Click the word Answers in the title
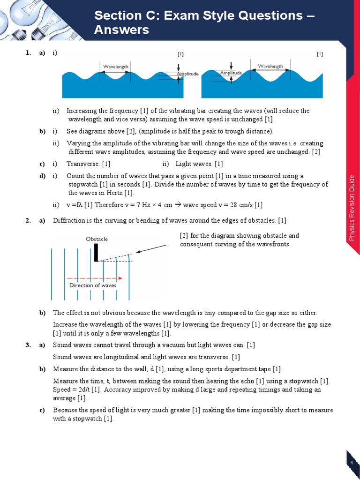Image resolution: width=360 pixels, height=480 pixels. coord(121,30)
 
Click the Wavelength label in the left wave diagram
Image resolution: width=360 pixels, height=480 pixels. coord(116,67)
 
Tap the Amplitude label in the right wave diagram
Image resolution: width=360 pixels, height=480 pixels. coord(231,73)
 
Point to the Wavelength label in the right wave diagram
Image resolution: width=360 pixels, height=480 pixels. coord(270,67)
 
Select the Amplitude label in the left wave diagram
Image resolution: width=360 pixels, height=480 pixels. coord(187,74)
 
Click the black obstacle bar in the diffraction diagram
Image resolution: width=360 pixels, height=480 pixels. coord(96,252)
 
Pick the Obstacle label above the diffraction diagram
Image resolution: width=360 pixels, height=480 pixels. coord(97,239)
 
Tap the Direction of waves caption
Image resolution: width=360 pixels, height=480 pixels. coord(93,285)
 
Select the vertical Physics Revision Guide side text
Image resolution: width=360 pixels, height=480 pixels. coord(352,208)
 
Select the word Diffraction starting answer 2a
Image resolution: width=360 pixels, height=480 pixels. coord(68,220)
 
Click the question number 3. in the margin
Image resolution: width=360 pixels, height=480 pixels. coord(28,345)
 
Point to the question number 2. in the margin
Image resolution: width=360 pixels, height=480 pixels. coord(28,220)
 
